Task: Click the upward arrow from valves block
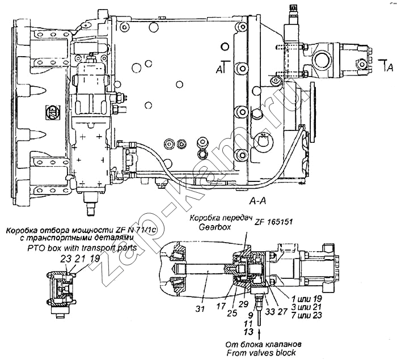tap(260, 333)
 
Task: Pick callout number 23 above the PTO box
tap(64, 258)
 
